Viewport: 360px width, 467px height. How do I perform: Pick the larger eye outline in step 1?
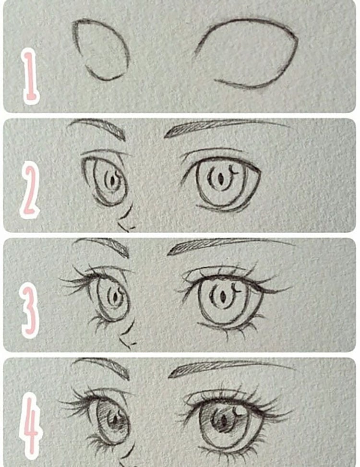(x=247, y=53)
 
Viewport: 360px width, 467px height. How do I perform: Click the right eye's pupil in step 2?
(x=220, y=181)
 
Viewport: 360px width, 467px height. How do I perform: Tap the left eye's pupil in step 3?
(x=115, y=298)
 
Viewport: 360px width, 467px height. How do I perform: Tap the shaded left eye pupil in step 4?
(x=115, y=420)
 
